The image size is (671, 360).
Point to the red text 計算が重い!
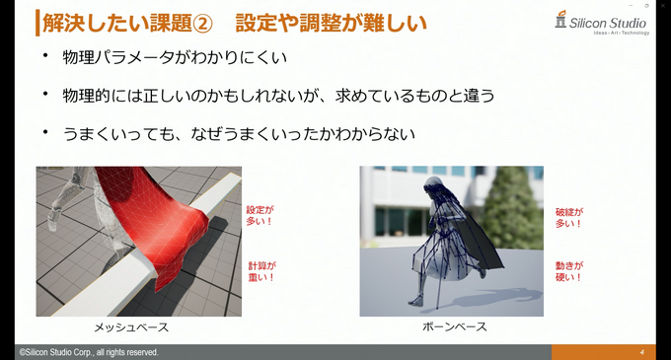261,271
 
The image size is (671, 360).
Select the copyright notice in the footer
89,352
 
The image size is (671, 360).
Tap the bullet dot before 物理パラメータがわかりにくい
43,58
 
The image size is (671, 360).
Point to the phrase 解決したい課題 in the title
114,21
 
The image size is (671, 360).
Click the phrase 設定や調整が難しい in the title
327,21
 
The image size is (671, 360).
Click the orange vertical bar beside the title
37,21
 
